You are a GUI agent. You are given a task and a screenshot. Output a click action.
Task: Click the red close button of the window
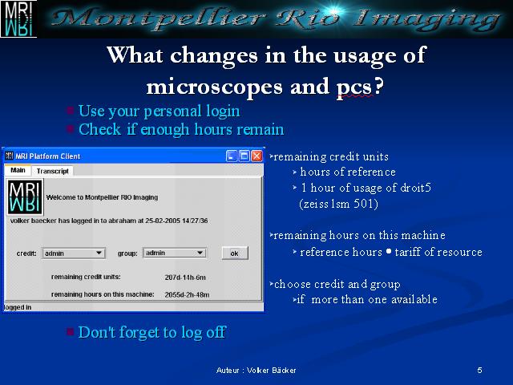(x=256, y=156)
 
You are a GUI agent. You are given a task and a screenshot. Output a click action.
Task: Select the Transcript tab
(x=52, y=171)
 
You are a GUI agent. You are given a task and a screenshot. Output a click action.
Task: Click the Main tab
(x=18, y=170)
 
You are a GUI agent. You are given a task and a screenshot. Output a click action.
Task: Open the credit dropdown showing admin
(x=73, y=253)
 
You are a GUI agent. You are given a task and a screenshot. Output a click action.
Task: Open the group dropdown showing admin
(x=175, y=253)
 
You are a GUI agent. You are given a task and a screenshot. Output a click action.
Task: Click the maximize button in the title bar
(x=244, y=156)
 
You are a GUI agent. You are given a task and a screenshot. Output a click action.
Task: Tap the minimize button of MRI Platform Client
(x=232, y=156)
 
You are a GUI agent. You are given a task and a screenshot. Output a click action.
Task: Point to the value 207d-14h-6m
(x=185, y=278)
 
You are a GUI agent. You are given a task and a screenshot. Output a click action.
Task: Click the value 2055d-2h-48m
(x=187, y=294)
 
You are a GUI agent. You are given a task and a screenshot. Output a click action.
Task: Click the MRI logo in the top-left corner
(x=18, y=18)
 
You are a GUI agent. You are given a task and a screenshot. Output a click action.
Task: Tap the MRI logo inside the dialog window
(x=25, y=197)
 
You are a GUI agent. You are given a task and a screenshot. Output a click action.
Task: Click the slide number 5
(x=479, y=371)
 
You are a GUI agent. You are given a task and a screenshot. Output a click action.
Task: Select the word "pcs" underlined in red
(x=354, y=87)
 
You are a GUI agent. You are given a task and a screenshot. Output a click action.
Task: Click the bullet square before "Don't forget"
(x=70, y=331)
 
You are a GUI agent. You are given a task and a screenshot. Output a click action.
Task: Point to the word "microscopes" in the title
(x=214, y=87)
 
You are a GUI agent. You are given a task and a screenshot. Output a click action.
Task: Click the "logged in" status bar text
(x=18, y=307)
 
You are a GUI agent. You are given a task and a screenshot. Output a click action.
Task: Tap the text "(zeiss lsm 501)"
(x=338, y=204)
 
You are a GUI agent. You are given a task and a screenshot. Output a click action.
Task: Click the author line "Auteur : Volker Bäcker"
(x=256, y=371)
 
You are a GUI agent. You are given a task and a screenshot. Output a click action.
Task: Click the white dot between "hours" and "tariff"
(x=388, y=251)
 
